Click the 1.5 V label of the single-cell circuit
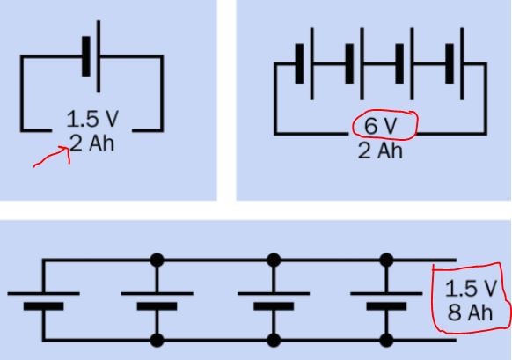click(92, 119)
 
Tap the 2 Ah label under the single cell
click(92, 143)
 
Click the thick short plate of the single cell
click(86, 56)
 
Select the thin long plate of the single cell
click(99, 56)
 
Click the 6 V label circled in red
click(380, 126)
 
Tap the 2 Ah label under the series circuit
click(380, 151)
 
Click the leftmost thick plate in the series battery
click(299, 64)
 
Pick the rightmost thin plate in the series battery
click(462, 64)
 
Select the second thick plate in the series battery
click(349, 64)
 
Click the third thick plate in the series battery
click(399, 64)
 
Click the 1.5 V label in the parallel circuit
click(471, 289)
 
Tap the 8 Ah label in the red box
click(470, 312)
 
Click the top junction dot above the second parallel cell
click(157, 261)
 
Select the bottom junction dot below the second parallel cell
click(157, 340)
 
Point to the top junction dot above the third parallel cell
click(274, 261)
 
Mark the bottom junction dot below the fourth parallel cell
click(386, 340)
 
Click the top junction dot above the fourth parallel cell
click(386, 261)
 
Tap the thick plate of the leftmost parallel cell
click(44, 306)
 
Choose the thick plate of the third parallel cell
click(274, 306)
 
